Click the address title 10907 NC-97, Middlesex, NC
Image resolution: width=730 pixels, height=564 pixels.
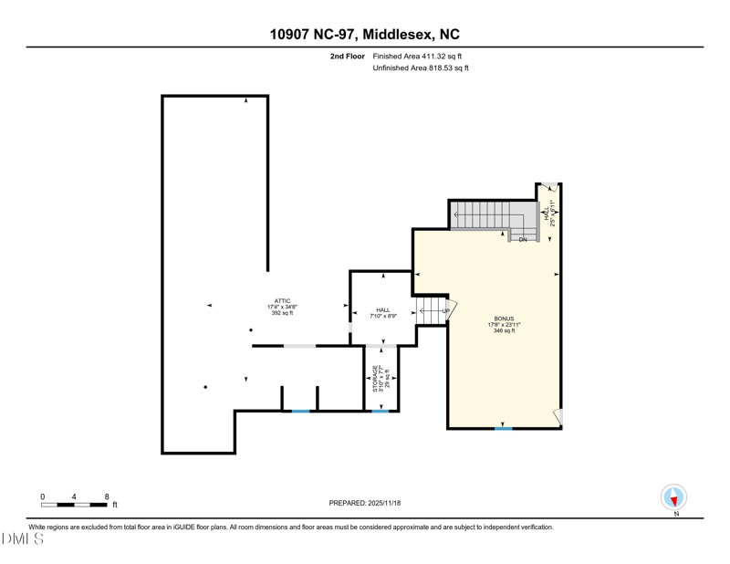pyautogui.click(x=364, y=35)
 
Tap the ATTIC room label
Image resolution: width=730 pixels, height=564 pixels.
pyautogui.click(x=282, y=301)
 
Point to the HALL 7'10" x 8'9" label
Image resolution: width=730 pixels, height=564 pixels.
pyautogui.click(x=383, y=313)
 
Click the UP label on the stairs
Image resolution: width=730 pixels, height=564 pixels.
pyautogui.click(x=446, y=311)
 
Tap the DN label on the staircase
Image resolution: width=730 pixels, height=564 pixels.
pyautogui.click(x=523, y=239)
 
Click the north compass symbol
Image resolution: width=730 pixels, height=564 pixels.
pyautogui.click(x=673, y=497)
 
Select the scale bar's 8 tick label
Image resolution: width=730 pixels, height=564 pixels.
pyautogui.click(x=107, y=497)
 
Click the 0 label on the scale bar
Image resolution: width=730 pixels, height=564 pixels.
pyautogui.click(x=42, y=497)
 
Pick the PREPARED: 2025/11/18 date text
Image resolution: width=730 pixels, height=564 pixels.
pyautogui.click(x=365, y=503)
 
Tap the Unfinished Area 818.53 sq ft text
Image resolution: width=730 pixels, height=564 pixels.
pyautogui.click(x=421, y=68)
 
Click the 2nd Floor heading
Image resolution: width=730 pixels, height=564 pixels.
pyautogui.click(x=348, y=57)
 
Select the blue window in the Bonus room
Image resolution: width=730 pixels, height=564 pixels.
pyautogui.click(x=503, y=428)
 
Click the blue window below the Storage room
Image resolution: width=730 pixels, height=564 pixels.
pyautogui.click(x=381, y=412)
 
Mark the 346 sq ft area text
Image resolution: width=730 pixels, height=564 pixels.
pyautogui.click(x=505, y=330)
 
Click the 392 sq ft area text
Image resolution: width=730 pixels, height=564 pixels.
pyautogui.click(x=282, y=313)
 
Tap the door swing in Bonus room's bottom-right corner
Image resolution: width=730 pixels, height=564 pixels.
pyautogui.click(x=558, y=418)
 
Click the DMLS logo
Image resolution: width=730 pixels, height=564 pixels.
pyautogui.click(x=22, y=539)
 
